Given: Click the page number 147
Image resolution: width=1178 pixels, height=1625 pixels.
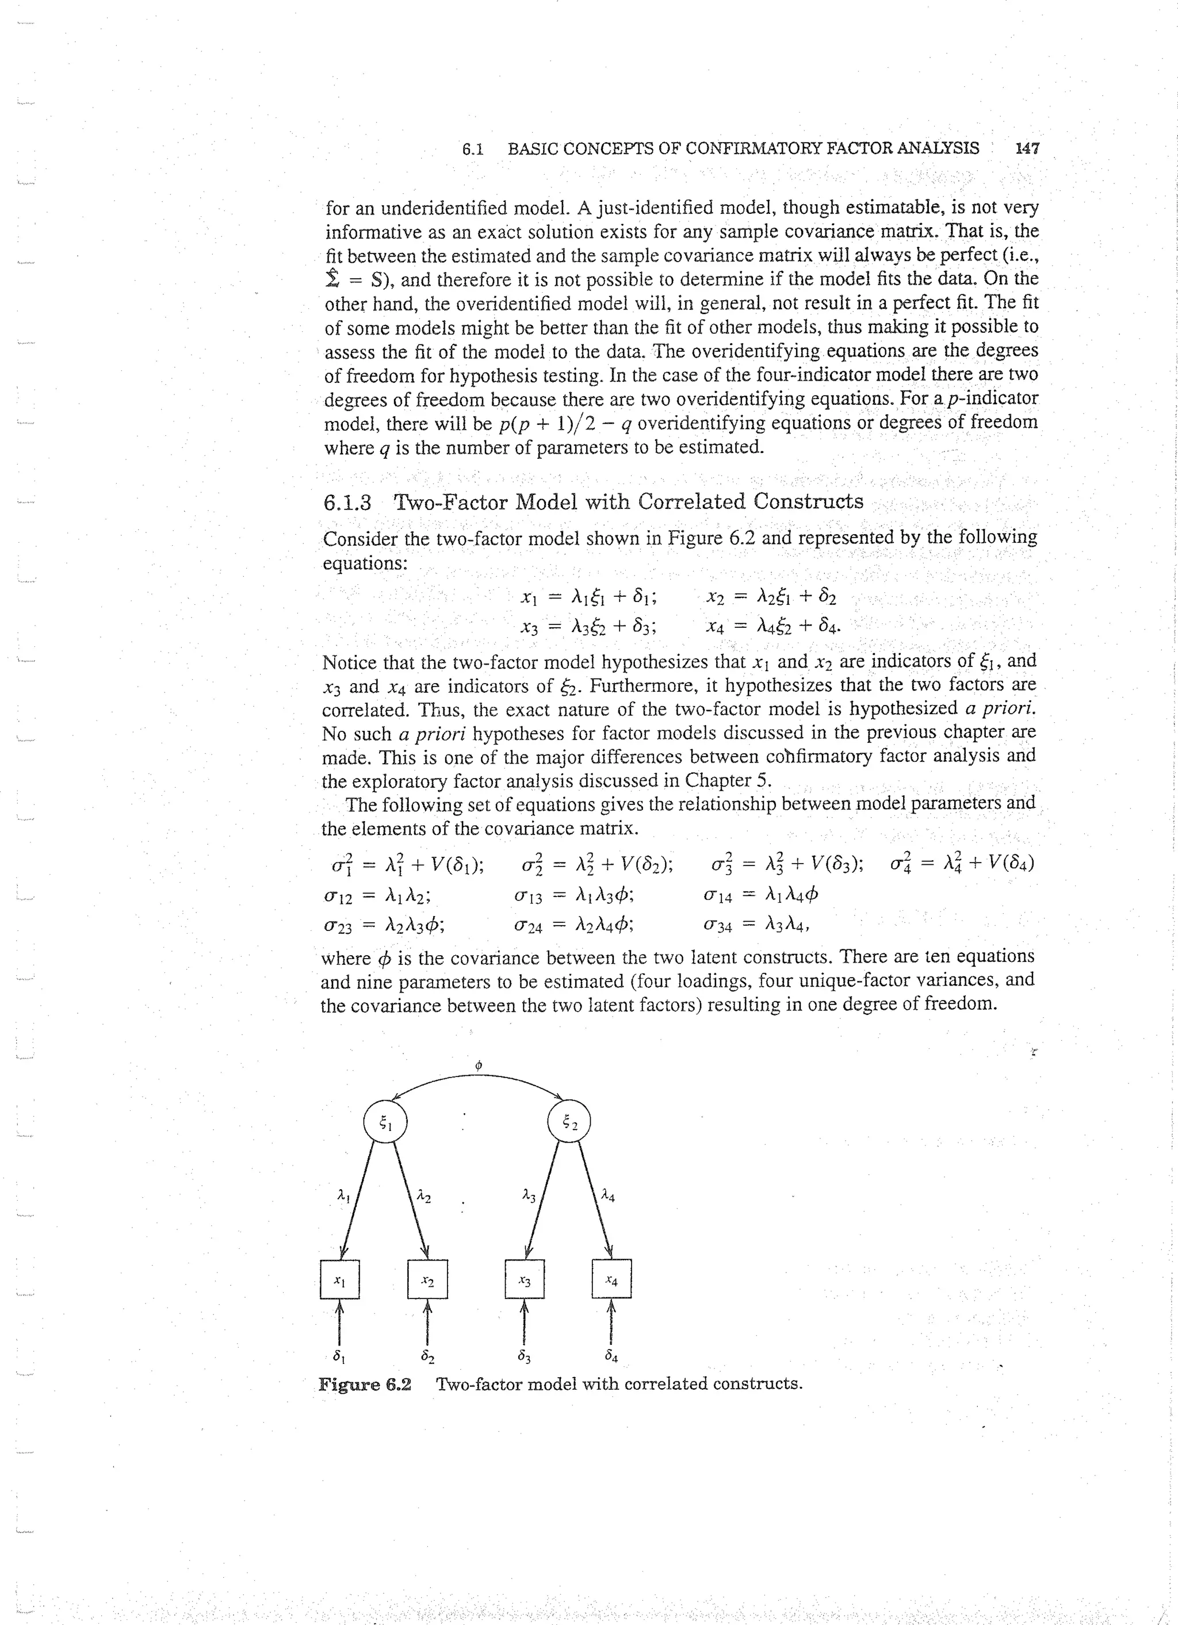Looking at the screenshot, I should click(1027, 148).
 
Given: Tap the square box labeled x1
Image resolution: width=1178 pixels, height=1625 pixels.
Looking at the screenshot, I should click(339, 1279).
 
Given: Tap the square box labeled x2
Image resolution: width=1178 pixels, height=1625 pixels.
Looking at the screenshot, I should click(427, 1279).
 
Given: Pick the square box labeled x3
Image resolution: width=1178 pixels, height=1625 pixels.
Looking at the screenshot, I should click(525, 1279).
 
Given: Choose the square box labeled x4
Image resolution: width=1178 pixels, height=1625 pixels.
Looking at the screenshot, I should click(611, 1279).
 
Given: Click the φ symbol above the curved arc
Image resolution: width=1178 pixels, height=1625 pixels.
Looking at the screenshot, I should click(478, 1066).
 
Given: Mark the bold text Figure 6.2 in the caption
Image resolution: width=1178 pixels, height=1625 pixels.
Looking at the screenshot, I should click(365, 1383).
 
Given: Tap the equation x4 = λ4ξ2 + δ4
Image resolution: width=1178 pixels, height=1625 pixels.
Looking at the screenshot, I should click(772, 628).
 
